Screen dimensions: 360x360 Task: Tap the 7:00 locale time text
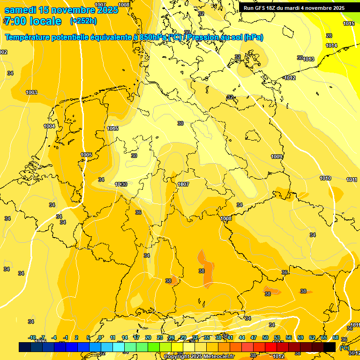tap(32, 21)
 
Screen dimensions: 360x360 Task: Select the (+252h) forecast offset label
tap(83, 21)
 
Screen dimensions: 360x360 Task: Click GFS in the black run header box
tap(262, 8)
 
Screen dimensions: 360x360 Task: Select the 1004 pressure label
tap(49, 126)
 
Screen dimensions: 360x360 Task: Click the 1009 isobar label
tap(277, 157)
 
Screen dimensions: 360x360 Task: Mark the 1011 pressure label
tap(352, 180)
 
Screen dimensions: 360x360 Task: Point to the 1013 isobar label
tap(308, 59)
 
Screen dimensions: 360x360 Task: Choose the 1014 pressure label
tap(331, 45)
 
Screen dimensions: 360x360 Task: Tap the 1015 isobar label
tap(349, 23)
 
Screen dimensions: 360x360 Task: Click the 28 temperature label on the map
tap(329, 36)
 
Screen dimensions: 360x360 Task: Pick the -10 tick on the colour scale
tap(32, 337)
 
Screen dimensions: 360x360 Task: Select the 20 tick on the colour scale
tap(148, 337)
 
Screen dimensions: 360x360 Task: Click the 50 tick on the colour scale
tap(265, 337)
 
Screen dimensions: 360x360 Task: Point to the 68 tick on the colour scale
tap(336, 337)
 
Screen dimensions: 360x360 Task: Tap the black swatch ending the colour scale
tap(330, 347)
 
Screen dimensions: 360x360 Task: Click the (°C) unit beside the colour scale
tap(344, 347)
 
